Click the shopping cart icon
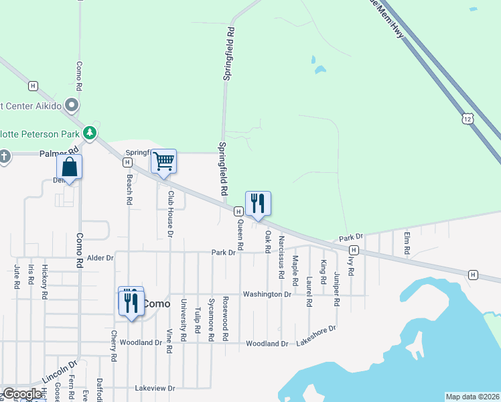163,161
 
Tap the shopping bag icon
69,167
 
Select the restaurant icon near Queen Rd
258,203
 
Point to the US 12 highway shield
468,118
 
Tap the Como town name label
157,303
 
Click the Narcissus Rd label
282,253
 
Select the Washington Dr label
267,294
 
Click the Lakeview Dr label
154,388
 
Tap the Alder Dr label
100,258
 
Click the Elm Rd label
407,242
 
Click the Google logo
22,394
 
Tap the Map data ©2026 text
473,397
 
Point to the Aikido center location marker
73,106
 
